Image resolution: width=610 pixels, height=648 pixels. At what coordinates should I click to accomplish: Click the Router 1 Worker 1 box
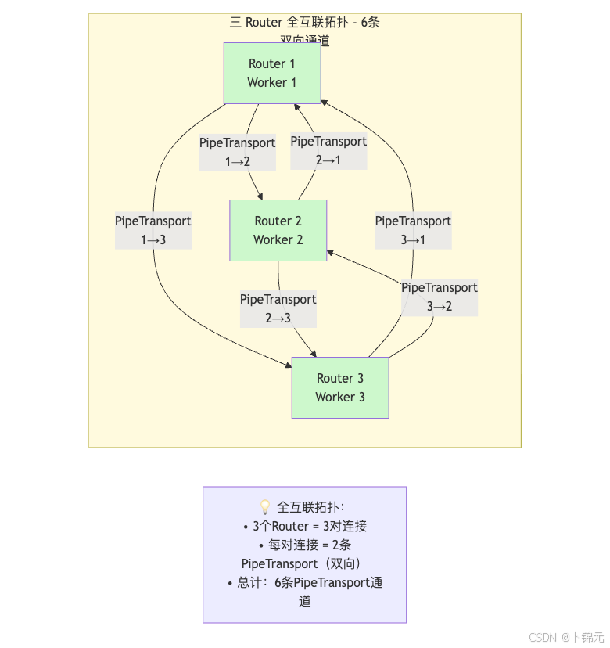pos(272,73)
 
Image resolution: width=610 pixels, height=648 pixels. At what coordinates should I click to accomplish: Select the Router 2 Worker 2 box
pos(278,230)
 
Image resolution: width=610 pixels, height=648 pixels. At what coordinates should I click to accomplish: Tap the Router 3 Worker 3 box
pos(340,387)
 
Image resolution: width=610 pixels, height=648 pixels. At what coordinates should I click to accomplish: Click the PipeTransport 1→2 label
pos(237,152)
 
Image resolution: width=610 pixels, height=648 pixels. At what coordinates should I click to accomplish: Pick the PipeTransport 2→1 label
pos(328,150)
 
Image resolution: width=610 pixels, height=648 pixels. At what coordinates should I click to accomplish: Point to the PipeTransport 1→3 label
pos(153,230)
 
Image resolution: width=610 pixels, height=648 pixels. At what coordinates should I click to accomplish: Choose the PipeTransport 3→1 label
pos(413,230)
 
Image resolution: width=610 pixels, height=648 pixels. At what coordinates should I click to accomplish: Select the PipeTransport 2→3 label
pos(278,308)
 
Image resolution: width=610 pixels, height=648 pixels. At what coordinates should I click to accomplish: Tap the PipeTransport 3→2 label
pos(440,297)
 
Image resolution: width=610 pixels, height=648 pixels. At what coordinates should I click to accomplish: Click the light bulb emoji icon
pos(264,507)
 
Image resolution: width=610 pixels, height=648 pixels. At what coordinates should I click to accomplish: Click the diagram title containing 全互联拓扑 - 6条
pos(305,23)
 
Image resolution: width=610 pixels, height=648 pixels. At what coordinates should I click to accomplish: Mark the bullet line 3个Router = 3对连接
pos(305,526)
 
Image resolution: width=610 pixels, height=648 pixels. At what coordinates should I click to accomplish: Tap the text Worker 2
pos(278,239)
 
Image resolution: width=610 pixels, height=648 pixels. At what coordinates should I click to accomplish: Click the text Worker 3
pos(340,397)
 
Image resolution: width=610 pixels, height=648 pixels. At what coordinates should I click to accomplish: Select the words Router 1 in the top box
pos(272,63)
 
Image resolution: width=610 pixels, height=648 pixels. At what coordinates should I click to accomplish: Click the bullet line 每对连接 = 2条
pos(305,545)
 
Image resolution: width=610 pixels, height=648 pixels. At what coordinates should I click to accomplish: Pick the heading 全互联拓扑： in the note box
pos(310,507)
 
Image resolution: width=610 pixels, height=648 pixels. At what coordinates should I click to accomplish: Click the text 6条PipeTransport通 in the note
pos(328,582)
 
